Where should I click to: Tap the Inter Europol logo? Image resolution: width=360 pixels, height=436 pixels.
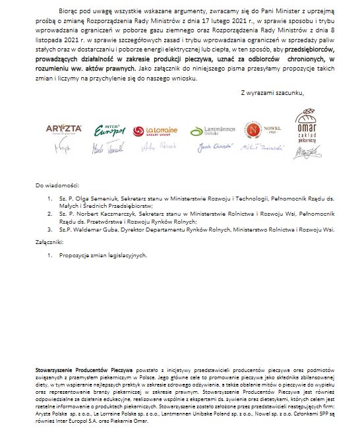[x=105, y=129]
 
